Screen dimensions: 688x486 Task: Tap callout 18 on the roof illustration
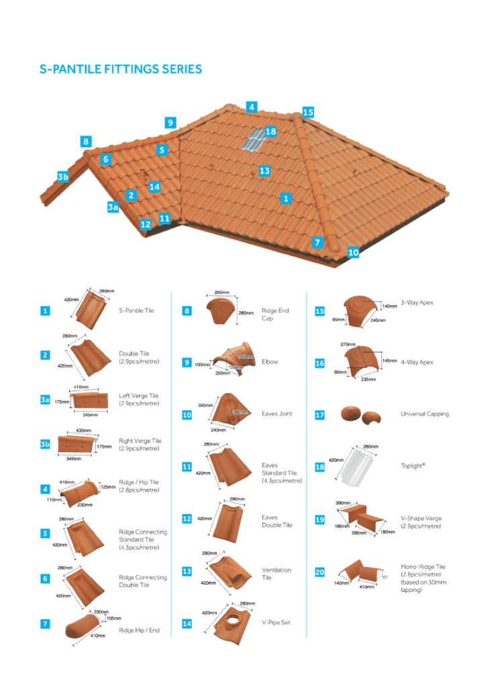coord(271,132)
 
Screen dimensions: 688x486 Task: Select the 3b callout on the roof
coord(62,177)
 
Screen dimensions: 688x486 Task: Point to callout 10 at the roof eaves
coord(353,253)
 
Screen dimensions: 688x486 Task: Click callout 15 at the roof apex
coord(307,112)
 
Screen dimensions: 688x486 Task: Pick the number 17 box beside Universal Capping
coord(320,415)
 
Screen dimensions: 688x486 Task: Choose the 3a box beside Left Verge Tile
coord(45,400)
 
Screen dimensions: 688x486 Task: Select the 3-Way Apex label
coord(417,302)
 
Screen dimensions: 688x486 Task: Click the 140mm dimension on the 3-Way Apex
coord(389,306)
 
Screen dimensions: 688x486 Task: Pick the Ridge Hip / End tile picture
coord(85,628)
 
